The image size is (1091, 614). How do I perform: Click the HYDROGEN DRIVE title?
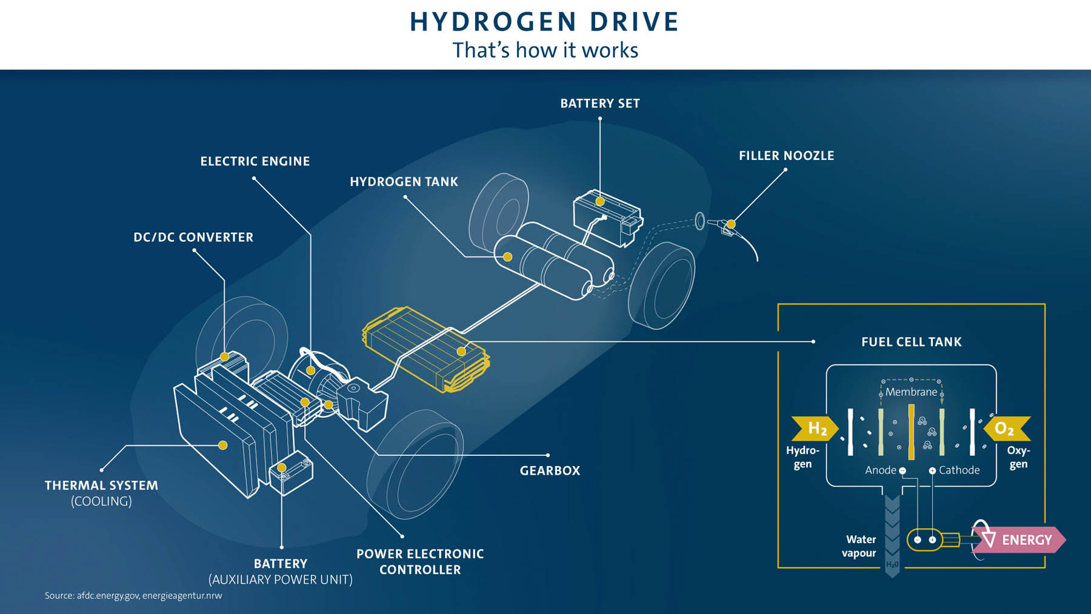[x=544, y=22]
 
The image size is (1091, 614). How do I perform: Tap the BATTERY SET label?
[x=600, y=104]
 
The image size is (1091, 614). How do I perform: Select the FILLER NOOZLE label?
[x=786, y=156]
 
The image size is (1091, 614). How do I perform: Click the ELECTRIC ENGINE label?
[x=255, y=161]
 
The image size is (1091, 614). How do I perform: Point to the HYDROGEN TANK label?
[x=404, y=182]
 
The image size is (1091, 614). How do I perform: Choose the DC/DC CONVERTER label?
[x=193, y=238]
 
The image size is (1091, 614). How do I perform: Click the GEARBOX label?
[x=550, y=471]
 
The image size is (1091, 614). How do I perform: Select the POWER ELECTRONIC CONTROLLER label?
[x=420, y=562]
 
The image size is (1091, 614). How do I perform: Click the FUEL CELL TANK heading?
[x=912, y=342]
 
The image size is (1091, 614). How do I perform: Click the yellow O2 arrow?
[x=1007, y=429]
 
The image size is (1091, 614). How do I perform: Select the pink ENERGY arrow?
[x=1019, y=540]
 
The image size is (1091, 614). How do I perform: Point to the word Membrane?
[x=911, y=392]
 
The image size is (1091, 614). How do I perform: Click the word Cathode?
[x=959, y=470]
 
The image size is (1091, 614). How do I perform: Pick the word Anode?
[x=881, y=470]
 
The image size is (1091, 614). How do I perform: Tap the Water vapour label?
[x=860, y=546]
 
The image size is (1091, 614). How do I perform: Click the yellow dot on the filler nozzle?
[x=731, y=224]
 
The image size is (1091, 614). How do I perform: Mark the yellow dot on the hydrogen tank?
[x=508, y=257]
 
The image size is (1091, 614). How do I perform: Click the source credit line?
[x=133, y=596]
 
